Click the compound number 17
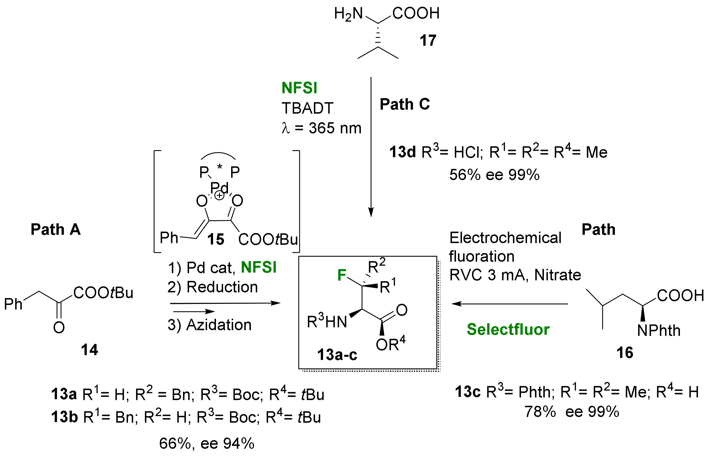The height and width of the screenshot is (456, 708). point(428,40)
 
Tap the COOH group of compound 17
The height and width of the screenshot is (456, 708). point(416,14)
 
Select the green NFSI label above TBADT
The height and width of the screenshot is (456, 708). point(299,88)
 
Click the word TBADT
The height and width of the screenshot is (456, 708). point(307,108)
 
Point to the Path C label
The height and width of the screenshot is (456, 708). point(405,104)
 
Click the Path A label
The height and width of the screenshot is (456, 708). point(56,229)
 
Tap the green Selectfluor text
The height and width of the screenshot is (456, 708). point(508,329)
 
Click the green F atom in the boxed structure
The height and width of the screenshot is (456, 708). point(342,275)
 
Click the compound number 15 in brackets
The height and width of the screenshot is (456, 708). point(215,239)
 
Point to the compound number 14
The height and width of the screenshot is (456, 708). point(89,350)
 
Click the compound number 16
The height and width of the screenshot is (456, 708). point(625,353)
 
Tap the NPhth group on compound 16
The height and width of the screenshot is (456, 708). point(658,331)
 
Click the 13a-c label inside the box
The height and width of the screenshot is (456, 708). point(337,354)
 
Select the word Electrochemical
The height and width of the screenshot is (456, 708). point(505,238)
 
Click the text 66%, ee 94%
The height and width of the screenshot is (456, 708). point(206,443)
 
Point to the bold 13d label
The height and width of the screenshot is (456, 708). point(402,152)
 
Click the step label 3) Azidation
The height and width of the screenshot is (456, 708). point(209,325)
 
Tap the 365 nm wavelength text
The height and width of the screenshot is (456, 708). point(335,128)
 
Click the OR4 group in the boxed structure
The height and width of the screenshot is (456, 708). point(390,344)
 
